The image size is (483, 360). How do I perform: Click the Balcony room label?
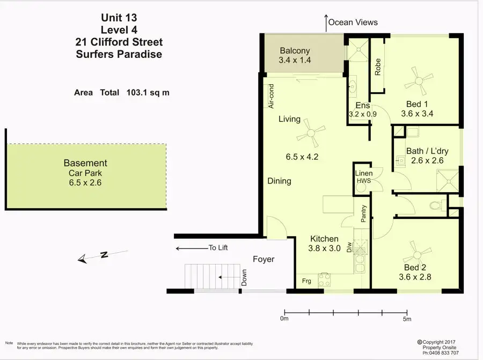pos(295,50)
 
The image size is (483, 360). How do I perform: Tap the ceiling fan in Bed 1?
pos(419,82)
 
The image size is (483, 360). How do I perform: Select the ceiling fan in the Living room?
pos(311,133)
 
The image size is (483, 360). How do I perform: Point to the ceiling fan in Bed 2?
pos(418,255)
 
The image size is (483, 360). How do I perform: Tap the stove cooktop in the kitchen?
pos(324,280)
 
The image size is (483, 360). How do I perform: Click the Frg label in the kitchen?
pos(306,281)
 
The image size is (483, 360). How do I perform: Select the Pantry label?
pos(363,214)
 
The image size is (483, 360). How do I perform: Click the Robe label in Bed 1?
pos(378,67)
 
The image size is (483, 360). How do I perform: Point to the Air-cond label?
pos(271,96)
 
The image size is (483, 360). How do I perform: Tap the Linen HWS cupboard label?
pos(364,177)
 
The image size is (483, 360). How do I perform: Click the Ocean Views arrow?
pos(326,23)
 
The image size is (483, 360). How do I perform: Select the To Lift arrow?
pos(192,248)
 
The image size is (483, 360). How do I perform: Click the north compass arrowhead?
pos(82,259)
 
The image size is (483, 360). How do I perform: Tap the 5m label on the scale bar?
pos(407,319)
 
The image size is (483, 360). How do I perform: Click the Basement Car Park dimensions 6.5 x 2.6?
pos(85,182)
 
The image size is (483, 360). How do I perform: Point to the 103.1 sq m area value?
pos(148,92)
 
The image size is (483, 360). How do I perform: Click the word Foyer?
pos(264,259)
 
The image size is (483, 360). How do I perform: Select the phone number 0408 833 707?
pos(444,353)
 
